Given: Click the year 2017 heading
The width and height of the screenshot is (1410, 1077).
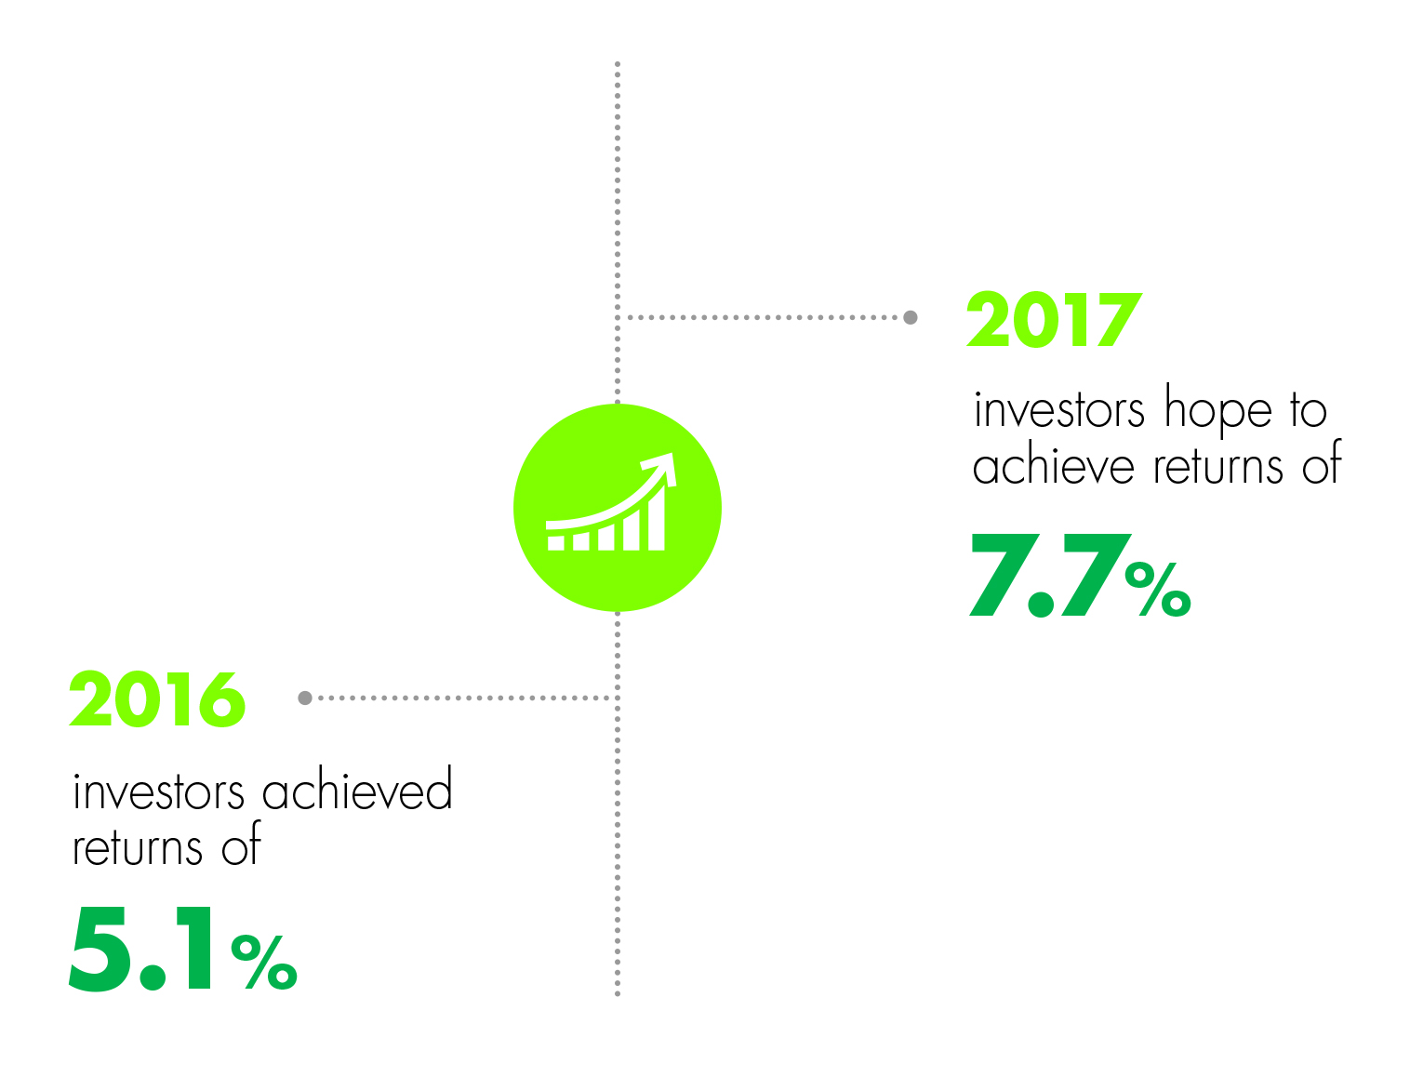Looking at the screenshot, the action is coord(1054,319).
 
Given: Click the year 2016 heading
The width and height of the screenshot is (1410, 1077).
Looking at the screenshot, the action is coord(157,698).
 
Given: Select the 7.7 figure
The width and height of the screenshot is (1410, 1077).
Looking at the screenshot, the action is coord(1050,575).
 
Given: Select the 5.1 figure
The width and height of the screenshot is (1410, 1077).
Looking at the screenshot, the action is coord(140,949).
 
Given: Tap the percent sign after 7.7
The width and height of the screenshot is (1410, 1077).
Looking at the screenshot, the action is coord(1158,589).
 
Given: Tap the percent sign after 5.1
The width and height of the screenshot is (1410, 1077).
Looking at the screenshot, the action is coord(264,962).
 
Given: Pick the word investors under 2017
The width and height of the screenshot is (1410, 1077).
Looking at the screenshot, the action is coord(1058,409).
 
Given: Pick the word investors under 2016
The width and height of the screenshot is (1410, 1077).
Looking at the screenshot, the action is coord(159,791).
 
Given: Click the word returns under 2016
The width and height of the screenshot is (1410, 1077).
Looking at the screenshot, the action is coord(138,847).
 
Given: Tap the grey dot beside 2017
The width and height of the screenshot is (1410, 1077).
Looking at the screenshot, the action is coord(911,317).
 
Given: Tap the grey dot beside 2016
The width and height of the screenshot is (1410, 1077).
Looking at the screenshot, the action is coord(305,698).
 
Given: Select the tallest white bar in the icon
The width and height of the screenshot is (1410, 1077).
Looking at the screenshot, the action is coord(656,516).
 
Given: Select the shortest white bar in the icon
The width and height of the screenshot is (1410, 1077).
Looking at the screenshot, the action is coord(555,542).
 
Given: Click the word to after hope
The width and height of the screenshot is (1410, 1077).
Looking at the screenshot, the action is coord(1309,410).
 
